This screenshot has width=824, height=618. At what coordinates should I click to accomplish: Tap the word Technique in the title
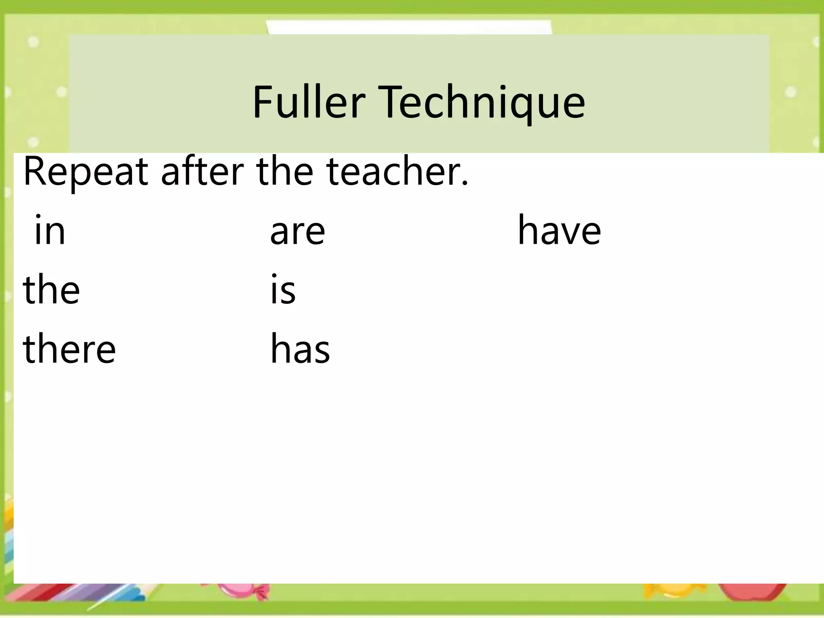tap(481, 103)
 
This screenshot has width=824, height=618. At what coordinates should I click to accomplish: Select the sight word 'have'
tap(559, 230)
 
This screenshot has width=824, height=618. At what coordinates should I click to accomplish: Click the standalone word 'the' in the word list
tap(51, 289)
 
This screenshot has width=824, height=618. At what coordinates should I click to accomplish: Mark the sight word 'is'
tap(283, 289)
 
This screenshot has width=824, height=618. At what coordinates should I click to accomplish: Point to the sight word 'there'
tap(69, 348)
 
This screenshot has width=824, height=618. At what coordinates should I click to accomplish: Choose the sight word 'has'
tap(300, 348)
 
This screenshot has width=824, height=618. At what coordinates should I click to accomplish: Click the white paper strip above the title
tap(408, 27)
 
